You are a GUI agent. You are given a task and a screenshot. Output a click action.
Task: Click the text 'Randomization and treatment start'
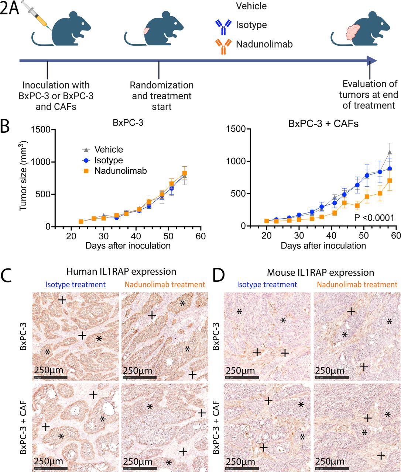[x=161, y=96]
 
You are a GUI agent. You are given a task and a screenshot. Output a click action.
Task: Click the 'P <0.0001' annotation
[x=374, y=218]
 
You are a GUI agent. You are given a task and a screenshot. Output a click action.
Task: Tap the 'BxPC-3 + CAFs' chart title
[x=323, y=124]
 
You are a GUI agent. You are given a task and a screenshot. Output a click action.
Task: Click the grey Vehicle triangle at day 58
[x=389, y=152]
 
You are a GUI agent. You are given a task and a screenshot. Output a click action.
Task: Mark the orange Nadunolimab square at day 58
[x=389, y=181]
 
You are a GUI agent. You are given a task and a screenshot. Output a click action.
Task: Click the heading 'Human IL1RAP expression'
[x=121, y=272]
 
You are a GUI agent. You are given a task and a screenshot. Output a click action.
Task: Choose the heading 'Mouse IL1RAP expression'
[x=320, y=273]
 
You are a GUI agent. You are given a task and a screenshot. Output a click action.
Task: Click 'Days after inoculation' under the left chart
[x=128, y=246]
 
